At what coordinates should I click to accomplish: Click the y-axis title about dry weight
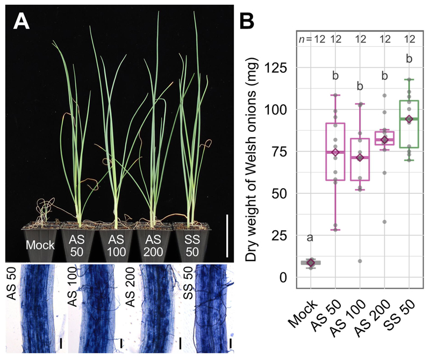click(x=253, y=161)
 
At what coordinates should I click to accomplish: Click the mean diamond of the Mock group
click(x=311, y=263)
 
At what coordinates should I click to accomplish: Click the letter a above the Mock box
click(x=311, y=237)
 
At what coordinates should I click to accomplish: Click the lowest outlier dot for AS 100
click(x=360, y=262)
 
